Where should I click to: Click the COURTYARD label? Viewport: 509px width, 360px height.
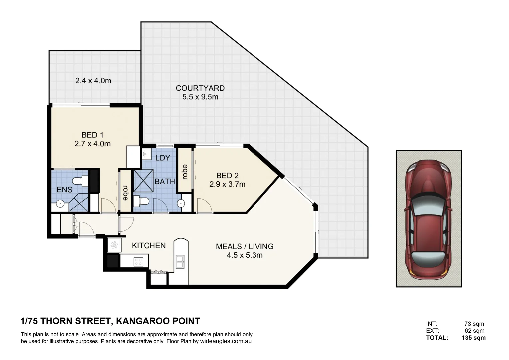click(x=200, y=88)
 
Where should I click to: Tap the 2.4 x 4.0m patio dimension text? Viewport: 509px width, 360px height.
click(x=93, y=81)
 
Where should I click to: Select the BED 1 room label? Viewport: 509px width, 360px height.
click(x=92, y=135)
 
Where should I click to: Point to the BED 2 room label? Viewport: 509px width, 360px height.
click(x=227, y=176)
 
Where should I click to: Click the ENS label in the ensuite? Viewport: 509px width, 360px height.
click(x=64, y=190)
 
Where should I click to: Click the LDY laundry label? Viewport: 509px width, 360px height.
click(x=163, y=158)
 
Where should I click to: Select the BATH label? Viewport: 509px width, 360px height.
click(x=165, y=182)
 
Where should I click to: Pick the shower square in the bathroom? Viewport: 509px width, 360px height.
click(x=143, y=181)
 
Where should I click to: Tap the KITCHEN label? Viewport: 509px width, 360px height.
click(x=149, y=246)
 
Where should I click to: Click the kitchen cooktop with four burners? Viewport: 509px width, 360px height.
click(x=138, y=262)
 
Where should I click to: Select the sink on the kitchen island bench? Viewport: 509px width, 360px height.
click(x=180, y=262)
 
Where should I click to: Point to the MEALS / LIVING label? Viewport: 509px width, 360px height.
click(x=245, y=247)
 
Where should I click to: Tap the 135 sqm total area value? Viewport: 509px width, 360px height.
click(x=473, y=338)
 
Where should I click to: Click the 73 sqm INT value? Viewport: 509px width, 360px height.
click(x=474, y=324)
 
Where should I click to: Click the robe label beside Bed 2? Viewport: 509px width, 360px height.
click(x=185, y=172)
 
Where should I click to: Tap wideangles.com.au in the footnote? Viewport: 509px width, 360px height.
click(x=226, y=341)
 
